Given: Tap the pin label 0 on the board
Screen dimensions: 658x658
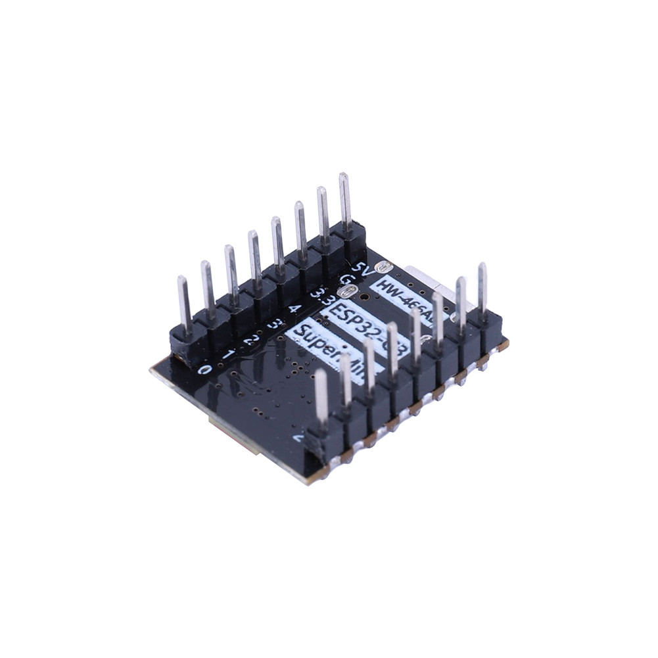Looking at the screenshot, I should [x=205, y=369].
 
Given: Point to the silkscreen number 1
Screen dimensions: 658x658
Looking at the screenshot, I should [x=228, y=354].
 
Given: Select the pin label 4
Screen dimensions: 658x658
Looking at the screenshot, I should [x=294, y=308].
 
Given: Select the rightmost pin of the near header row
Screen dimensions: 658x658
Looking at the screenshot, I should [x=482, y=289].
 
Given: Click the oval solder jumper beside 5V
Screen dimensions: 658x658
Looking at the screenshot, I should [x=383, y=266].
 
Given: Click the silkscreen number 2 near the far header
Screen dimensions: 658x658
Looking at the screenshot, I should [x=250, y=340].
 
